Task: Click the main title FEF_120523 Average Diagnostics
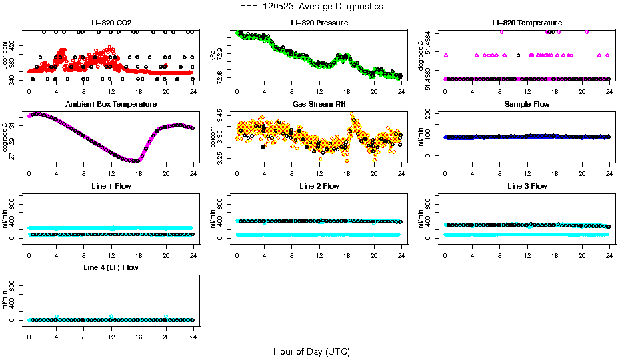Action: (x=312, y=6)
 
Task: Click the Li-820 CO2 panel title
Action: (x=111, y=23)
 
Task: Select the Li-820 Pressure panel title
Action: (x=319, y=23)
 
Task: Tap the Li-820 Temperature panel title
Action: (x=527, y=23)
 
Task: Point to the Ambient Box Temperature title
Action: (x=111, y=105)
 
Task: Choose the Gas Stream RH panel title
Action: (x=319, y=105)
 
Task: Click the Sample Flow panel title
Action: (x=527, y=105)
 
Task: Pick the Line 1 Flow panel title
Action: (x=111, y=186)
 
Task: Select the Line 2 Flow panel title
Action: (x=319, y=186)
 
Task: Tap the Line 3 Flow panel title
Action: (x=527, y=186)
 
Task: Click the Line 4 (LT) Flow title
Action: (x=111, y=267)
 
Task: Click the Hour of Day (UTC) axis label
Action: (x=311, y=351)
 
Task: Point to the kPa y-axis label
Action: (x=213, y=56)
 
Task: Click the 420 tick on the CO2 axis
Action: (x=14, y=46)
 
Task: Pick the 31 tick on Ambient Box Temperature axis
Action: (x=14, y=122)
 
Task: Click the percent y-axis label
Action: (x=213, y=137)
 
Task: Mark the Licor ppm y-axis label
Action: (x=5, y=56)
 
